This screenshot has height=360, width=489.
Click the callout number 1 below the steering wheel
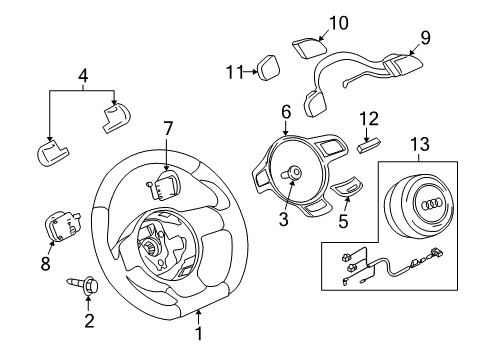coord(199,333)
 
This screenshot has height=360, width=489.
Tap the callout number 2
coord(89,321)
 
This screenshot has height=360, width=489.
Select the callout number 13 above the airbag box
coord(420,144)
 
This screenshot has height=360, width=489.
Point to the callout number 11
coord(236,72)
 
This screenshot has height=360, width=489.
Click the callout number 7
coord(168,129)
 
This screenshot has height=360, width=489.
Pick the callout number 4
coord(83,76)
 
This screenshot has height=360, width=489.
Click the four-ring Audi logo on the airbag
coord(433,205)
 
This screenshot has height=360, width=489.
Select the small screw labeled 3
coord(291,173)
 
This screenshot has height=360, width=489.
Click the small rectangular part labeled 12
coord(369,146)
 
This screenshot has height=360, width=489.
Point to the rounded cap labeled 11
coord(268,68)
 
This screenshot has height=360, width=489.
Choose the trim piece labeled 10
coord(309,49)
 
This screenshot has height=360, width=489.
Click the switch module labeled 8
coord(62,225)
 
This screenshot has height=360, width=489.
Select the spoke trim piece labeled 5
coord(346,187)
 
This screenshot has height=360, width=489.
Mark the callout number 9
coord(425,38)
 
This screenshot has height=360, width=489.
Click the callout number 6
coord(286,112)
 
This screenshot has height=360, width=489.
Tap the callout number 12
coord(369,119)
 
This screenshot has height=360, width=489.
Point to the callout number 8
coord(45,263)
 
